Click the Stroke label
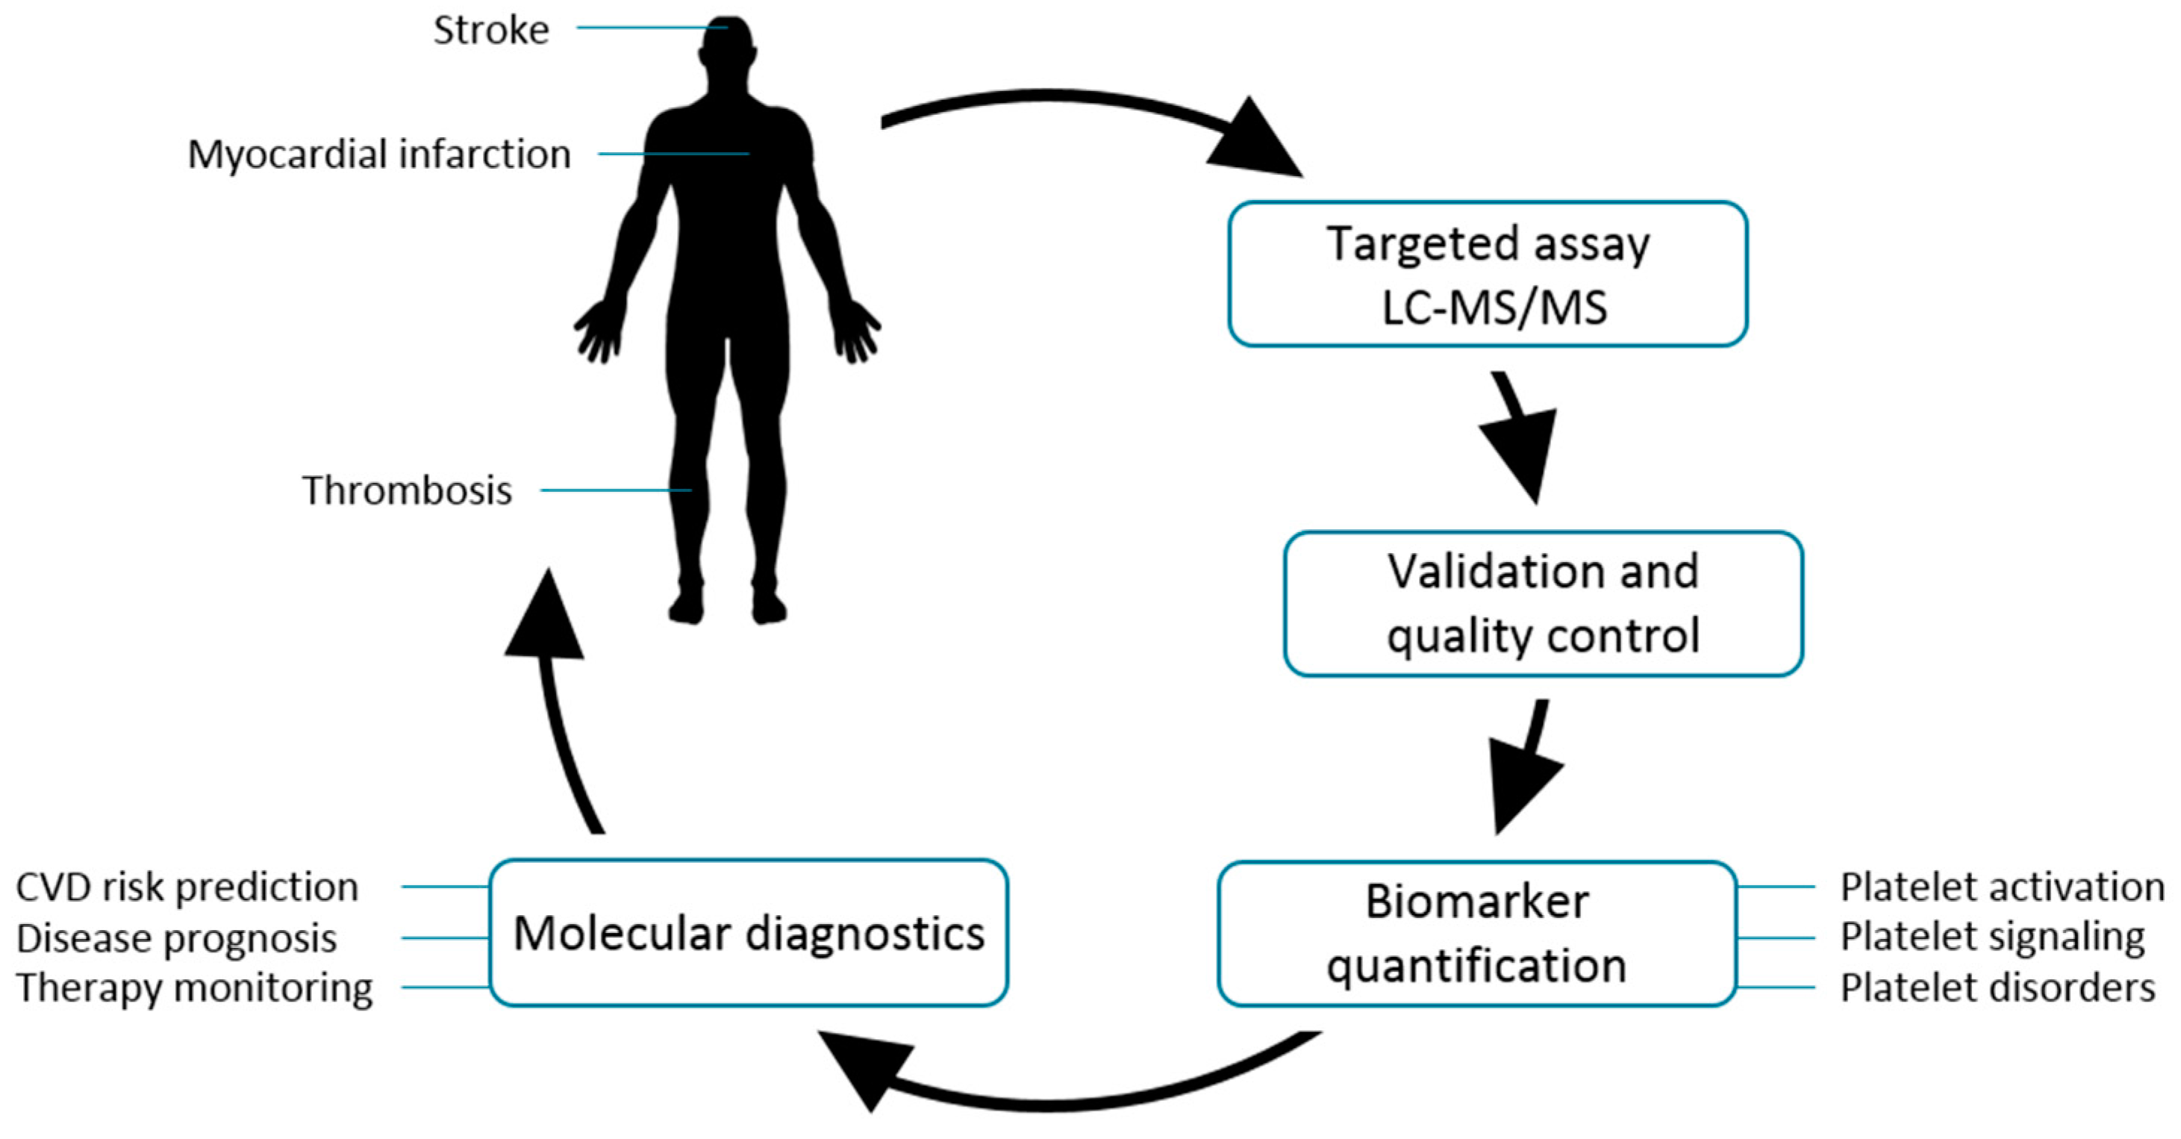(x=491, y=31)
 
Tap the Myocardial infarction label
(x=379, y=154)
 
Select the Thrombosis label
(x=408, y=490)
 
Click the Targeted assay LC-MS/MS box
(x=1488, y=273)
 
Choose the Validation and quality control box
(x=1543, y=603)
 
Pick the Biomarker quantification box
(x=1476, y=933)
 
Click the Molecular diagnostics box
(x=749, y=933)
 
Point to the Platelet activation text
(x=2002, y=887)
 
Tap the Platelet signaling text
(x=1992, y=937)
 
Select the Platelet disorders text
(x=1997, y=987)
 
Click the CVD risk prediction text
(x=187, y=887)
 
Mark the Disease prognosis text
(x=176, y=937)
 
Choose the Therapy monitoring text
(x=194, y=987)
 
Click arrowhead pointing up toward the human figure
(x=546, y=618)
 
